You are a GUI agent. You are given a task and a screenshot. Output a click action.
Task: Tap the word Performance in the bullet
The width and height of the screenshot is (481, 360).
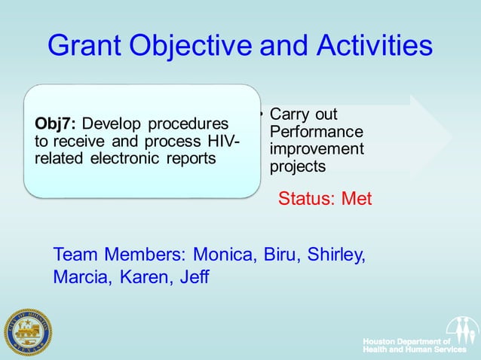point(316,132)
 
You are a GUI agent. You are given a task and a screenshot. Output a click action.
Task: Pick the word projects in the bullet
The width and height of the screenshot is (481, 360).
point(298,166)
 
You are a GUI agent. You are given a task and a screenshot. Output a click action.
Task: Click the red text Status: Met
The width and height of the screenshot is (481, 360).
point(325,199)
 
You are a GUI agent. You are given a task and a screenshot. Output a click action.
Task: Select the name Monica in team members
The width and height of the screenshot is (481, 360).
point(225,254)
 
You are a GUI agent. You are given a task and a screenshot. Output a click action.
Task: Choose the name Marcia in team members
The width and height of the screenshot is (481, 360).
point(79,277)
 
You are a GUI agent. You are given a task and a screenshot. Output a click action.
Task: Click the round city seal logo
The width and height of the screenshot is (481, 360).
point(27,332)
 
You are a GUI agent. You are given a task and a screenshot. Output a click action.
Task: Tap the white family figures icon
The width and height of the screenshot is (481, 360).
point(461,330)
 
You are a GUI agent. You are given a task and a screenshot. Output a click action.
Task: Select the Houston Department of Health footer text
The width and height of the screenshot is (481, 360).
point(413,346)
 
